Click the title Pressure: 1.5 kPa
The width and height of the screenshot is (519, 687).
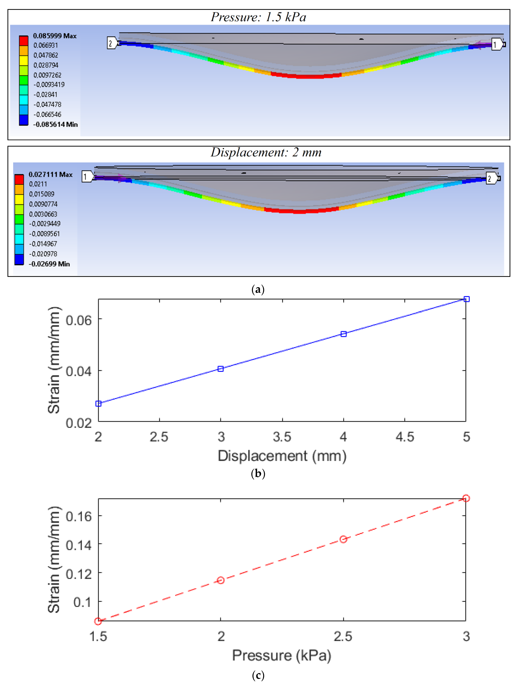258,17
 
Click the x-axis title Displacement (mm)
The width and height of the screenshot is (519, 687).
282,456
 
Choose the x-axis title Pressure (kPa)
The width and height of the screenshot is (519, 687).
282,655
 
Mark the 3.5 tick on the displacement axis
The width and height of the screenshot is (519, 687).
282,437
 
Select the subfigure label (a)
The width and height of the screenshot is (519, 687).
258,289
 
